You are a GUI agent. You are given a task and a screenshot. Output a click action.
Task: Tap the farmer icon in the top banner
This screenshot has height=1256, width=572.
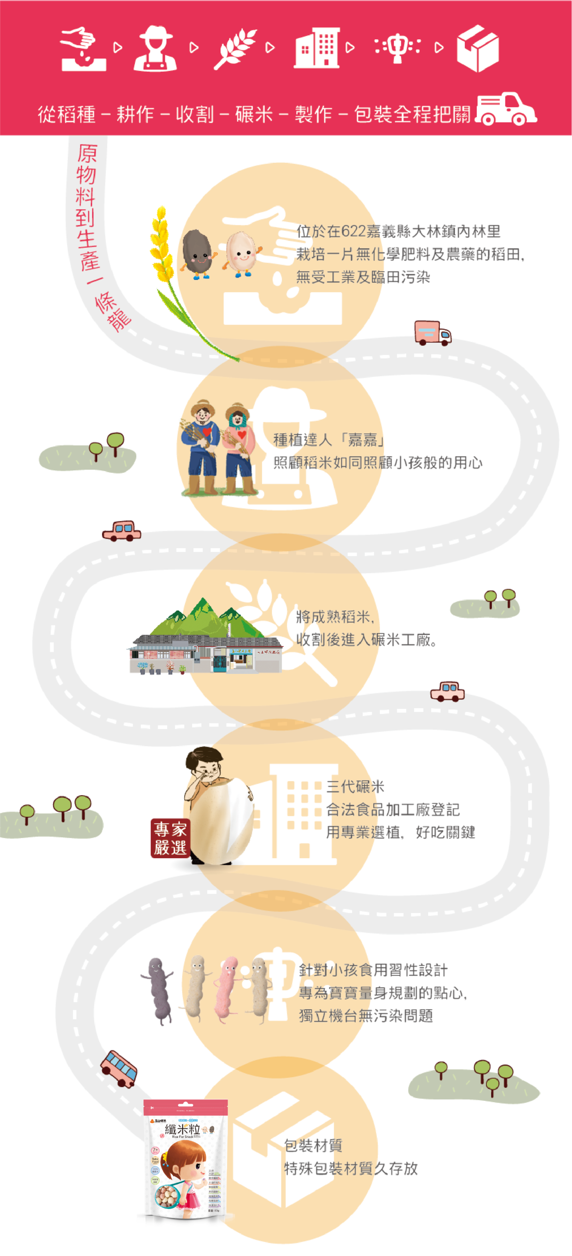(155, 48)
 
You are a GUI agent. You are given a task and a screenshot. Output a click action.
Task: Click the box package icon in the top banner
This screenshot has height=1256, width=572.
(477, 48)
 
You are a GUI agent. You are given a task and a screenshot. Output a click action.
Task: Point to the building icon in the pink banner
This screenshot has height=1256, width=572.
(316, 47)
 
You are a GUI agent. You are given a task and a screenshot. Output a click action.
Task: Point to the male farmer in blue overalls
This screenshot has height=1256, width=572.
(201, 449)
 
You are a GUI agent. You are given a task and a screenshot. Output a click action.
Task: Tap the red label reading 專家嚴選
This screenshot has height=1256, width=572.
(170, 838)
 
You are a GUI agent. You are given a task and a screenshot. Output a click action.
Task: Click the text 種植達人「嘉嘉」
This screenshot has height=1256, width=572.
(328, 440)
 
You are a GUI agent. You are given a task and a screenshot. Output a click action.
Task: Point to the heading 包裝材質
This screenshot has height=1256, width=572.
(313, 1145)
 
